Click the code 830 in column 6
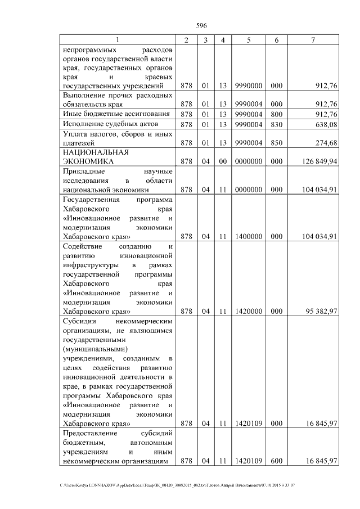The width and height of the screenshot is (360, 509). (276, 124)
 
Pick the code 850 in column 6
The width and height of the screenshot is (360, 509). (276, 143)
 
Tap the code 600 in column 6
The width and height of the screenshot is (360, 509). (276, 461)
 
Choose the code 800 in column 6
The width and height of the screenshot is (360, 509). (276, 114)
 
